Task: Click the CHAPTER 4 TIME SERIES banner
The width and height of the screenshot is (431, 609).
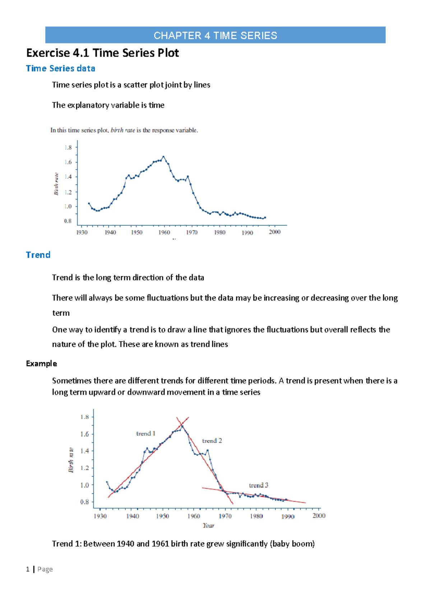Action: click(215, 35)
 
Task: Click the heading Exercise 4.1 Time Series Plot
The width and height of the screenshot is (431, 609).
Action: click(102, 53)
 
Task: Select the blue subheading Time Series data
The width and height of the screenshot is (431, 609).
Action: click(60, 69)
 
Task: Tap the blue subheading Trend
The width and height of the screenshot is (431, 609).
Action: click(38, 255)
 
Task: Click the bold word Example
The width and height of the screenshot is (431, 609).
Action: click(41, 363)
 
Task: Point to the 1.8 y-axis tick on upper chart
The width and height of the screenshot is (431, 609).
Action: click(68, 148)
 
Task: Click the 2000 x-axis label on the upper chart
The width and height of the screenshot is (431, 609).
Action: click(274, 232)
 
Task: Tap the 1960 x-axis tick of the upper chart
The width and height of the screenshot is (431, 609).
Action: click(164, 232)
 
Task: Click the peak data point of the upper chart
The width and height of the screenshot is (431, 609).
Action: click(163, 157)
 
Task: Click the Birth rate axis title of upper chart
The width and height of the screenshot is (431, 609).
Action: click(56, 184)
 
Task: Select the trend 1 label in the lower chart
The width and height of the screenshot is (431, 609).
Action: click(145, 433)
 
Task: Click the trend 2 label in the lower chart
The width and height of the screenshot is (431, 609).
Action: click(212, 441)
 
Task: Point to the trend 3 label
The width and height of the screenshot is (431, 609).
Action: click(259, 485)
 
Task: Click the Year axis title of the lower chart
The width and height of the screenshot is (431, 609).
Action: click(208, 525)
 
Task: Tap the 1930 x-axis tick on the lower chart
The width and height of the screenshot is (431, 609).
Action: click(100, 516)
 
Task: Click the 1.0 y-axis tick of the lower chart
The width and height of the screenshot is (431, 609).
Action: click(84, 485)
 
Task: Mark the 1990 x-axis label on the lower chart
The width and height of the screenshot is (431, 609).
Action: click(288, 516)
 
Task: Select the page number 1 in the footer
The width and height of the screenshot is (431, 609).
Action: click(28, 569)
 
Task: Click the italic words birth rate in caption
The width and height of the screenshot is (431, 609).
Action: click(123, 130)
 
